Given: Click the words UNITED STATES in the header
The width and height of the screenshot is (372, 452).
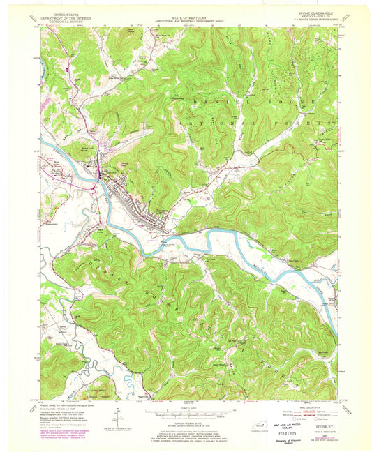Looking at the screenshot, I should pos(61,12).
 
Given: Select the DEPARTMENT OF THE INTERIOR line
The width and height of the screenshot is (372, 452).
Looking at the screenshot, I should pos(61,15).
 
